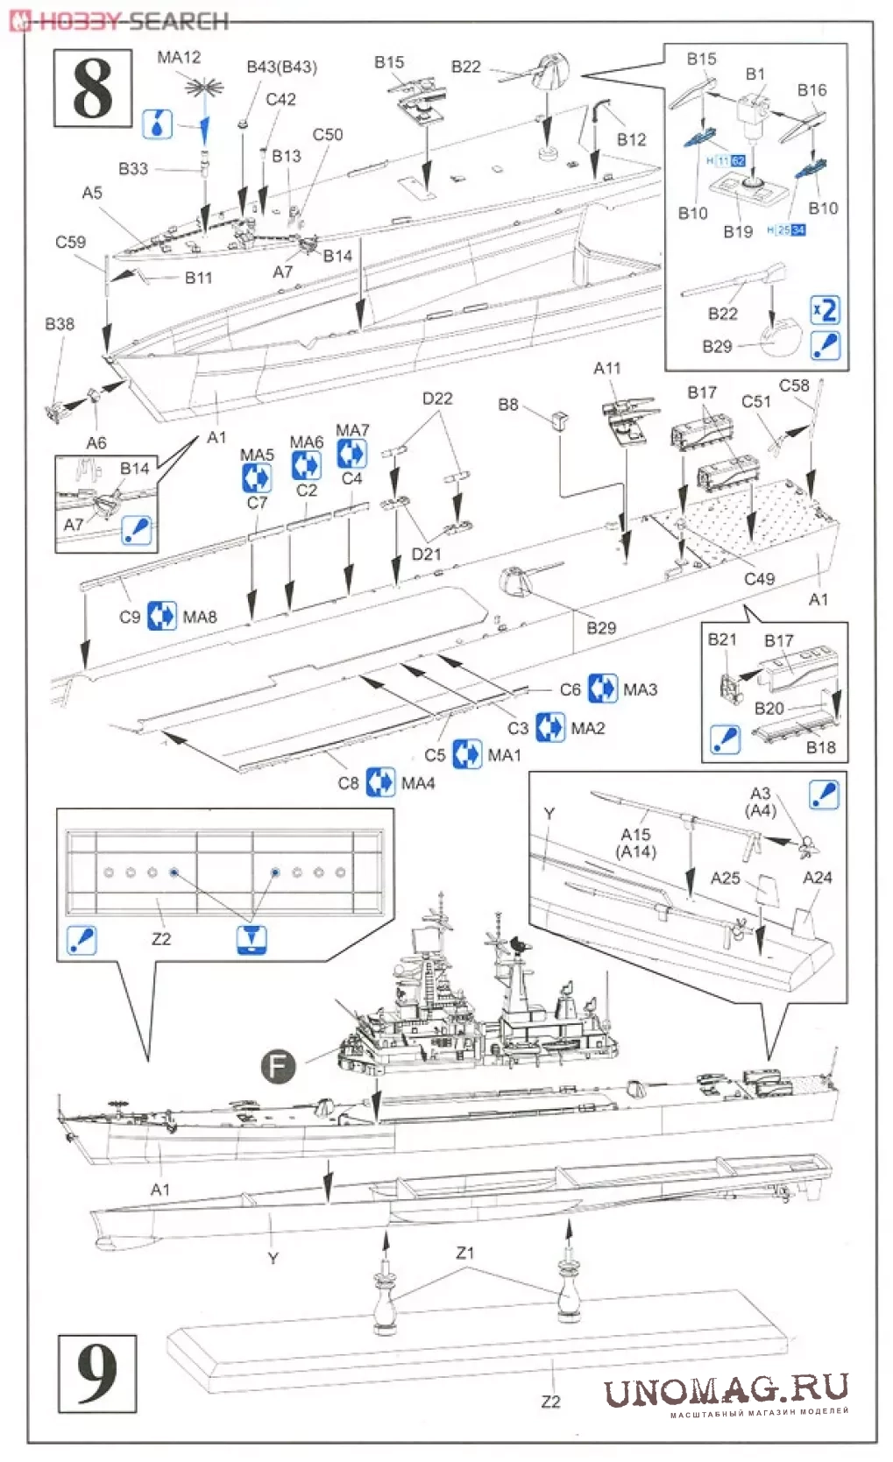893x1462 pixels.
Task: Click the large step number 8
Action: coord(92,89)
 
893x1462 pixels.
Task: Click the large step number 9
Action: coord(96,1373)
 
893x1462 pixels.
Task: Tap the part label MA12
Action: coord(179,58)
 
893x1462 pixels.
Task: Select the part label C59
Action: coord(70,242)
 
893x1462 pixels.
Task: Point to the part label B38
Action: coord(60,324)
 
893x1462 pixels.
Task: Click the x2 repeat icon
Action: coord(825,310)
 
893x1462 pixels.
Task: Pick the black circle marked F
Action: coord(278,1066)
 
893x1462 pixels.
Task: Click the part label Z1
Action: coord(464,1253)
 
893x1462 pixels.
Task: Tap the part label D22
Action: coord(437,399)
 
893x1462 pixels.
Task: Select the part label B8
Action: coord(508,405)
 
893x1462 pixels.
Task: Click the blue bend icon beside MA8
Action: coord(161,617)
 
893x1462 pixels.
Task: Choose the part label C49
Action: coord(759,579)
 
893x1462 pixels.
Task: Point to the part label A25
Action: coord(725,878)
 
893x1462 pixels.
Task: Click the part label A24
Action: coord(817,877)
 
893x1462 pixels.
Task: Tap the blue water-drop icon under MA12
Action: coord(157,124)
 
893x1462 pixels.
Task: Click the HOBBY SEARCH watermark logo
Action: coord(121,20)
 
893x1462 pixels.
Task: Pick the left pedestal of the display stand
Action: coord(386,1292)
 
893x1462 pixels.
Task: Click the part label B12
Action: coord(631,140)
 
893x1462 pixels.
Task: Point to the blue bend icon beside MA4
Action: coord(379,782)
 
